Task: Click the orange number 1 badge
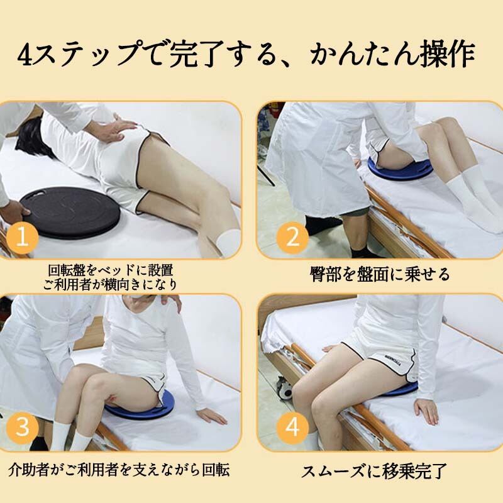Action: (x=22, y=237)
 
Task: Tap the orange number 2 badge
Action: (x=292, y=238)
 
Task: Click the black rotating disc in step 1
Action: (x=70, y=213)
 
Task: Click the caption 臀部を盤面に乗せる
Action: (x=380, y=275)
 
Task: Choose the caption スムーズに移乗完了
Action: (x=374, y=470)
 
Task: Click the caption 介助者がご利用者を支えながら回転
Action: (x=119, y=470)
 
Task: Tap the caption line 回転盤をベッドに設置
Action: (x=111, y=270)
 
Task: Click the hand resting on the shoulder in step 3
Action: (x=171, y=302)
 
